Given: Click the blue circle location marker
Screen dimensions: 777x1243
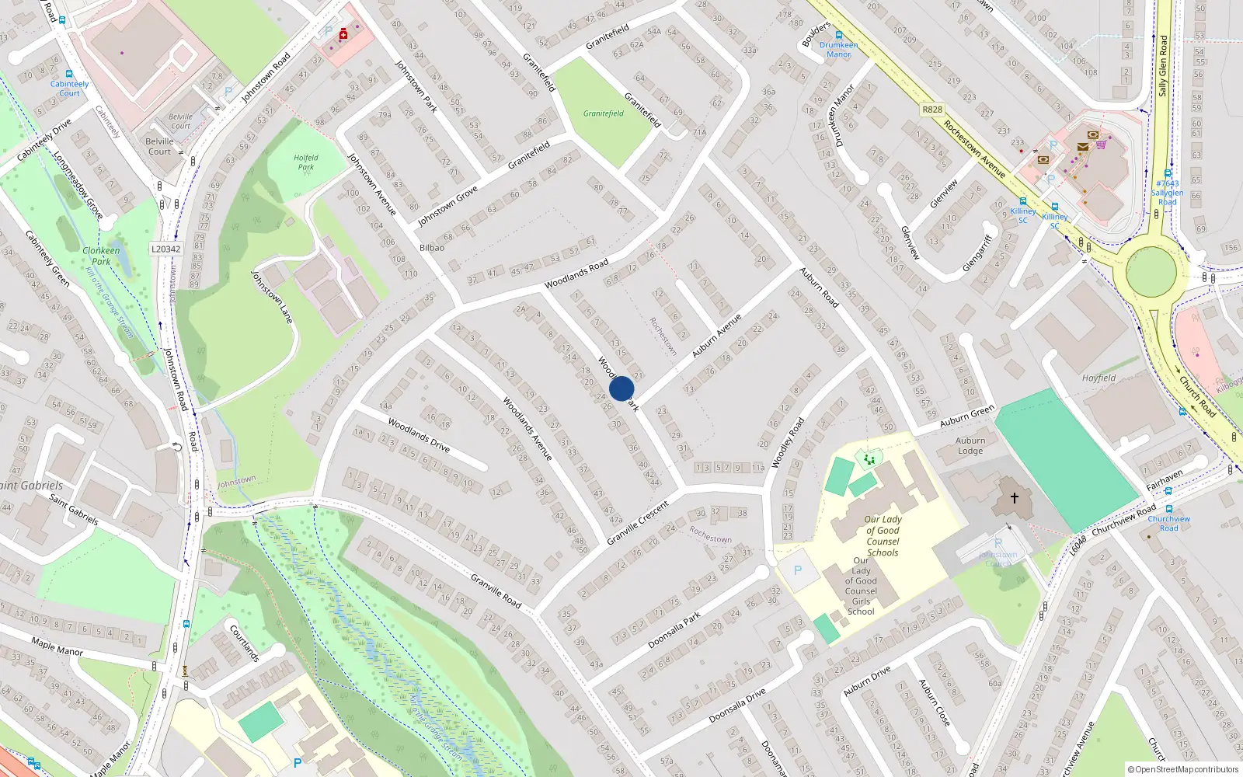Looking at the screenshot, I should [x=621, y=388].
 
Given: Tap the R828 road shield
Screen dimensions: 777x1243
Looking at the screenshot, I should [x=932, y=110].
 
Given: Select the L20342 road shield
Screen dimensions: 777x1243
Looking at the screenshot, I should [x=165, y=249].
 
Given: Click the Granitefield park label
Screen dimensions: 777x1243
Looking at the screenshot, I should [x=604, y=113].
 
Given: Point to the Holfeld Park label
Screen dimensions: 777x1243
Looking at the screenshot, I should [x=306, y=162].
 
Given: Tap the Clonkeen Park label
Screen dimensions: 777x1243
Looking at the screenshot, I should [x=101, y=256].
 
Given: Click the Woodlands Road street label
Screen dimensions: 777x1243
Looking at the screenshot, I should [x=576, y=274].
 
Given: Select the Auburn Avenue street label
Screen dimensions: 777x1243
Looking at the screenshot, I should [x=716, y=336].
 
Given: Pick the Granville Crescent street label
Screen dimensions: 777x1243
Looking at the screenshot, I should [x=638, y=522].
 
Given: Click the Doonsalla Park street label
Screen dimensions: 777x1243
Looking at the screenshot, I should [x=674, y=630].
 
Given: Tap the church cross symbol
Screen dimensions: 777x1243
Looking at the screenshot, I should [x=1014, y=497].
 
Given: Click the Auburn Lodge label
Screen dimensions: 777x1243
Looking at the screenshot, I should [x=970, y=445].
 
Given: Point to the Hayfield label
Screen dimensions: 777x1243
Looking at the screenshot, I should [x=1099, y=378].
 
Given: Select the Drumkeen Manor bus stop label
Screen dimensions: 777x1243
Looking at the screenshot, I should [x=839, y=50].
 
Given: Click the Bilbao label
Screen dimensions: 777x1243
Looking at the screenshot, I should [x=432, y=248].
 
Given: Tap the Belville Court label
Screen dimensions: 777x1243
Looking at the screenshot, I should [x=159, y=146].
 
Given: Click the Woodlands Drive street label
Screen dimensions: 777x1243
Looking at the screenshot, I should [x=419, y=436].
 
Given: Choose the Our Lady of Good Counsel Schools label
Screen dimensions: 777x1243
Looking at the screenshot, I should [x=883, y=536].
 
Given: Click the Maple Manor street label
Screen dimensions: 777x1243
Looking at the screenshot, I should [x=57, y=646].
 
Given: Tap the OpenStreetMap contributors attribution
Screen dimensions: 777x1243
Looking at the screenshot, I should [x=1182, y=769].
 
